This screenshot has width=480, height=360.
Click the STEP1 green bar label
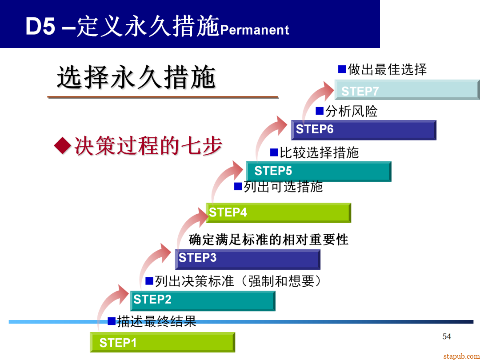tap(118, 343)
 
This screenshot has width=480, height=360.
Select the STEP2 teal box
tap(202, 300)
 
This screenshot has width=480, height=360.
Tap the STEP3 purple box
tap(248, 259)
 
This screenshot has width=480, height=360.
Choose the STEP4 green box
tap(278, 212)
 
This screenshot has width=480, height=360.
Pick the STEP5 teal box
tap(318, 171)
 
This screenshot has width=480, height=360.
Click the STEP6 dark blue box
tap(364, 130)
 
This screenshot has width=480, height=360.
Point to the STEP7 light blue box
tap(407, 90)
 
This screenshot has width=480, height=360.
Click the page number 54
tap(447, 336)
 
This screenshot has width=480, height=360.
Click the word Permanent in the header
tap(255, 30)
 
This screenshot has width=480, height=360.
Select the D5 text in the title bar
tap(40, 27)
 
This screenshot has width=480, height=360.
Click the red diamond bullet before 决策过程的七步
tap(62, 146)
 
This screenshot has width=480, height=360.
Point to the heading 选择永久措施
tap(136, 78)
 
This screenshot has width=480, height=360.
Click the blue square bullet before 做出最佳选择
tap(342, 69)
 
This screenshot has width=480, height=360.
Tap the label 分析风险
tap(351, 111)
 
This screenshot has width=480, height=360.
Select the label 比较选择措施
tap(319, 152)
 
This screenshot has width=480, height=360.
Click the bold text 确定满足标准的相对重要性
tap(268, 240)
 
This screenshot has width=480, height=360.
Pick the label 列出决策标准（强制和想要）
tap(238, 281)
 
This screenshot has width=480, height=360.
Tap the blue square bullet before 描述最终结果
tap(112, 320)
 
